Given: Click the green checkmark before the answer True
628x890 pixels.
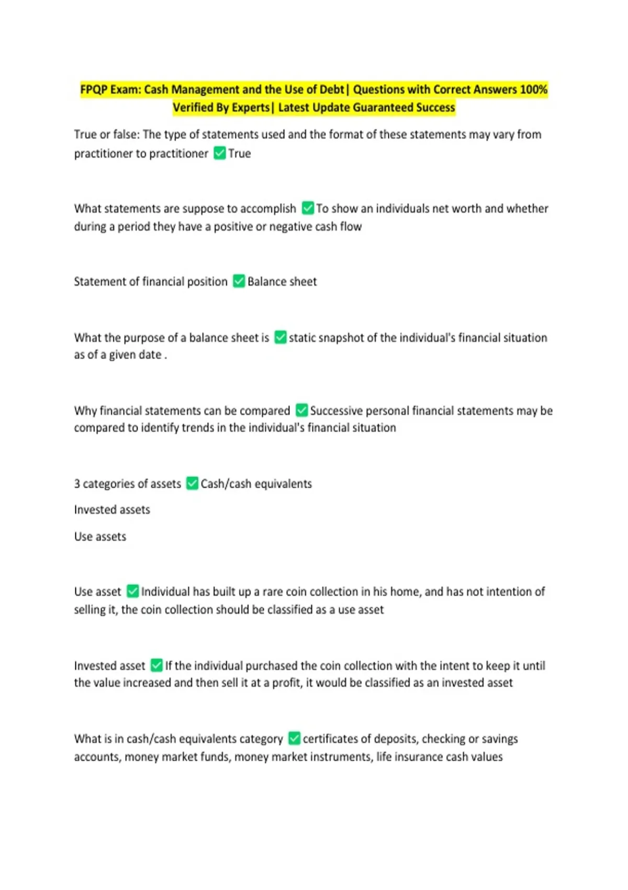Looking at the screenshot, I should [220, 153].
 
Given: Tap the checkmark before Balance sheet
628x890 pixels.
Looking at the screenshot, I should [239, 281].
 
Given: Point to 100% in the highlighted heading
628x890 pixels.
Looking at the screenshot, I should [533, 90].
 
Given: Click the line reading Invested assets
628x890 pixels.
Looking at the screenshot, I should [112, 509].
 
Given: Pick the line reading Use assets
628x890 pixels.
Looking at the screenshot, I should [100, 537].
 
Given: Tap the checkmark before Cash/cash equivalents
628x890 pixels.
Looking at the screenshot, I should [192, 483].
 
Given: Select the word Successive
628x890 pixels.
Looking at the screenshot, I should [336, 410].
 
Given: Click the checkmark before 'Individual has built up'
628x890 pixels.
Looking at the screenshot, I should [133, 592].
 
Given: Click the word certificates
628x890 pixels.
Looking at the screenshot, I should [333, 739].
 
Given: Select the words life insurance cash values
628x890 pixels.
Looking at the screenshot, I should [439, 757].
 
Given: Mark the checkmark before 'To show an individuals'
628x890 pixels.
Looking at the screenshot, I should [308, 208].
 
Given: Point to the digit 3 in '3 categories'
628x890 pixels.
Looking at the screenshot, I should [77, 484].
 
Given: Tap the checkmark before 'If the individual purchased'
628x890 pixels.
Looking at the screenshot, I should [156, 665].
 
